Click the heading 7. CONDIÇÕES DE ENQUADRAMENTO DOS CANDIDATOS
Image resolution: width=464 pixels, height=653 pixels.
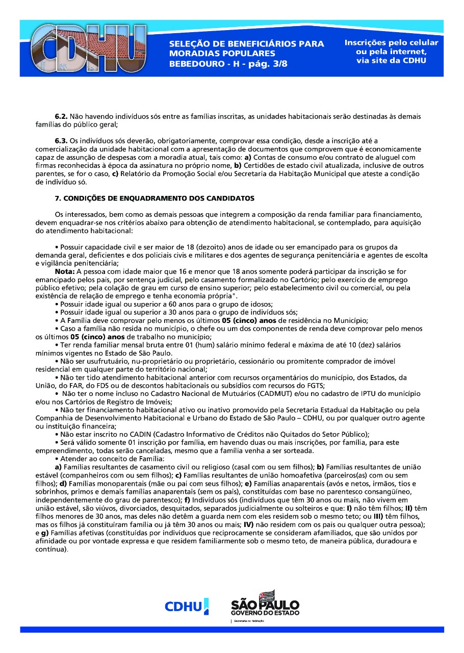pos(154,198)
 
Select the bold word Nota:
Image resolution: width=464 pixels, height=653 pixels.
pos(65,272)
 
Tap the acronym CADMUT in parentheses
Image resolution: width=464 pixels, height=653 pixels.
pos(269,394)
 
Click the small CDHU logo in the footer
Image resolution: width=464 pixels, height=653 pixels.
pos(187,606)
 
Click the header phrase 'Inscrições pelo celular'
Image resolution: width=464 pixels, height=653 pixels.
pos(391,43)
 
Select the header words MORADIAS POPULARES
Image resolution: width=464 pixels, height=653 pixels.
pos(222,54)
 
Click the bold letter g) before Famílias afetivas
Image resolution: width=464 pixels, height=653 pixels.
pos(43,532)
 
